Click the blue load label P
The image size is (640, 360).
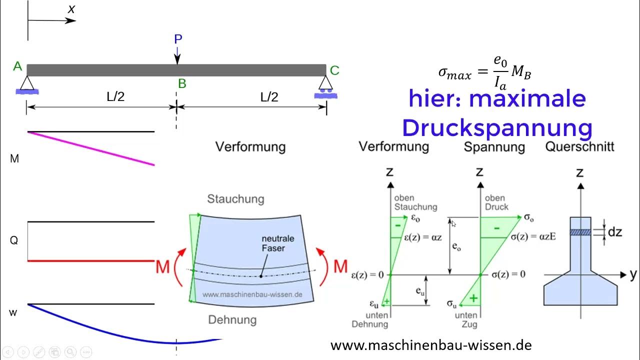point(178,39)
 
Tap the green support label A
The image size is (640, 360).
point(17,66)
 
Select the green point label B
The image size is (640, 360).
point(182,83)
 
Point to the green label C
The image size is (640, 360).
point(334,70)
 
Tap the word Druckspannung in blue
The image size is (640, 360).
point(497,128)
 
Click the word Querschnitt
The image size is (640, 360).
point(579,147)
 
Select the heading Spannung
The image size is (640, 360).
point(494,147)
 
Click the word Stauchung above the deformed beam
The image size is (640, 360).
point(235,199)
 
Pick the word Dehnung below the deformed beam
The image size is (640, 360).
point(232,319)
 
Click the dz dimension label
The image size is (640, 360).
point(615,232)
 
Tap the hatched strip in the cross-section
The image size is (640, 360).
point(580,232)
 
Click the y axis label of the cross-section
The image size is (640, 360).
point(633,274)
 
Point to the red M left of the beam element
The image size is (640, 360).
point(162,266)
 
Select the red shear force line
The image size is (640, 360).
point(90,260)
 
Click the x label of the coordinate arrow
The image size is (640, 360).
point(71,8)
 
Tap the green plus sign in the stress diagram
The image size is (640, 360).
point(473,298)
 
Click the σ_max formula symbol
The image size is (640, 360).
point(454,73)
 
